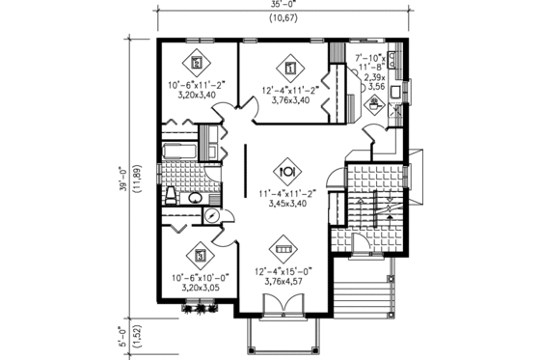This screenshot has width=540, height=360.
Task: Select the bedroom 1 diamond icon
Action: (290, 68)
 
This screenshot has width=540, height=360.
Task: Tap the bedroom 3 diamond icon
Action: (201, 256)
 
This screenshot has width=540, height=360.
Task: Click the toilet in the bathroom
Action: (170, 197)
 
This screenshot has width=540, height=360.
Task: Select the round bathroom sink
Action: (192, 198)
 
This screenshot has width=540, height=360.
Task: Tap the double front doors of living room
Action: (283, 305)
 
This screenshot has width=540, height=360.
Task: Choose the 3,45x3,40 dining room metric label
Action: (286, 204)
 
